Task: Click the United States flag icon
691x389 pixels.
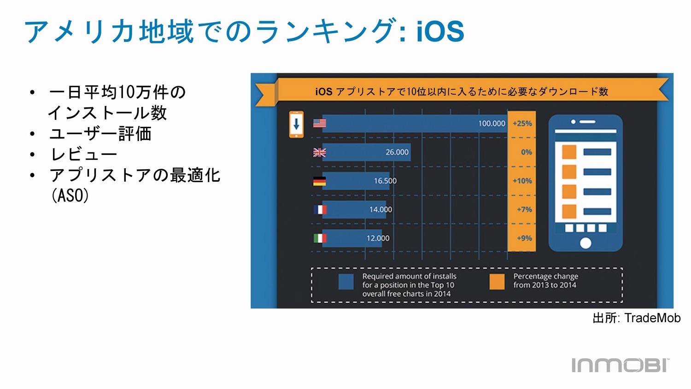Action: point(319,123)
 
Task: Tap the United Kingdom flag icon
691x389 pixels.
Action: point(319,152)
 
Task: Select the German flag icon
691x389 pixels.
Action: point(319,181)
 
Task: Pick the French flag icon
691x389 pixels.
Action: point(320,210)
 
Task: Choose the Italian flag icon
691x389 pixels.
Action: point(320,238)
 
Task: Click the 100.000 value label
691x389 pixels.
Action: point(492,124)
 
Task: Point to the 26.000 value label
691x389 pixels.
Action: point(397,152)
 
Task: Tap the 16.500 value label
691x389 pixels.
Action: point(385,181)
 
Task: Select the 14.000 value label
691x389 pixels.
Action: point(381,210)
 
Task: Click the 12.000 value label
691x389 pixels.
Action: point(378,238)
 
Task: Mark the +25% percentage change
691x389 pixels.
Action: point(522,124)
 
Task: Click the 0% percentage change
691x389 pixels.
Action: point(527,152)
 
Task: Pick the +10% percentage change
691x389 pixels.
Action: point(522,181)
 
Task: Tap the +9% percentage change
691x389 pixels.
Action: point(524,238)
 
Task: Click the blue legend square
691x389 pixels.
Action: point(346,282)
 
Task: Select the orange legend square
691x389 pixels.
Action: point(497,282)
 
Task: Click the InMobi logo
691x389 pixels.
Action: point(621,365)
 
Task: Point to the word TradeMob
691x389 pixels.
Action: point(652,318)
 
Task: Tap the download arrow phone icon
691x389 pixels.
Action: point(296,124)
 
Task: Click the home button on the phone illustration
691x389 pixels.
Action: point(586,243)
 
